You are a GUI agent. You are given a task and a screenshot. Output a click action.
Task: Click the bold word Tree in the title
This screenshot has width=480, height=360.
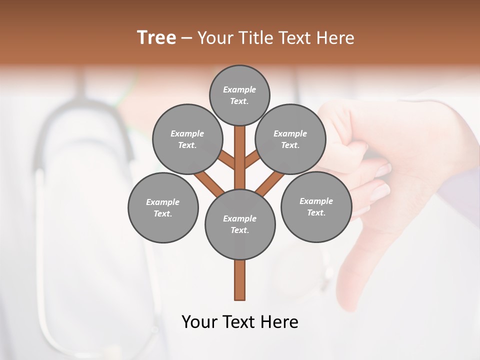156,37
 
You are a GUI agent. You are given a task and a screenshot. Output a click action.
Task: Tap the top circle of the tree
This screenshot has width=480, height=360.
239,95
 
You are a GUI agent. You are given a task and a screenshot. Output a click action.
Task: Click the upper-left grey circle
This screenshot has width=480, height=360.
187,139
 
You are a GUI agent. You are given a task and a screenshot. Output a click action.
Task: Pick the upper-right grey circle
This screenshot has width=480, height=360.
290,139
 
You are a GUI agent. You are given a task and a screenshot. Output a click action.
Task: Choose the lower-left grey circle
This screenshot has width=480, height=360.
163,207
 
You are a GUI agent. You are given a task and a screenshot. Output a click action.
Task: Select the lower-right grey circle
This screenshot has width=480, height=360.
316,206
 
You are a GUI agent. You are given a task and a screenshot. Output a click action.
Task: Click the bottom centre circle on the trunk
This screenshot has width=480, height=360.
240,224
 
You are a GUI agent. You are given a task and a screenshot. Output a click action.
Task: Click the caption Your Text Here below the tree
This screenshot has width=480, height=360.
240,322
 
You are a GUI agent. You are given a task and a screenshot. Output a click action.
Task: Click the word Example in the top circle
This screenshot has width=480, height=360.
239,89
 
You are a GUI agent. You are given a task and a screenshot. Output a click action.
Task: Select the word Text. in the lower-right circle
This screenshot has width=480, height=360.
316,212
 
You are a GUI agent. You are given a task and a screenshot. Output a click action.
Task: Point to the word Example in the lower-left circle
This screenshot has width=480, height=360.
163,202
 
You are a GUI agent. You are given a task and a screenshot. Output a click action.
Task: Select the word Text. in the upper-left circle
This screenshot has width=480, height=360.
187,145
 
